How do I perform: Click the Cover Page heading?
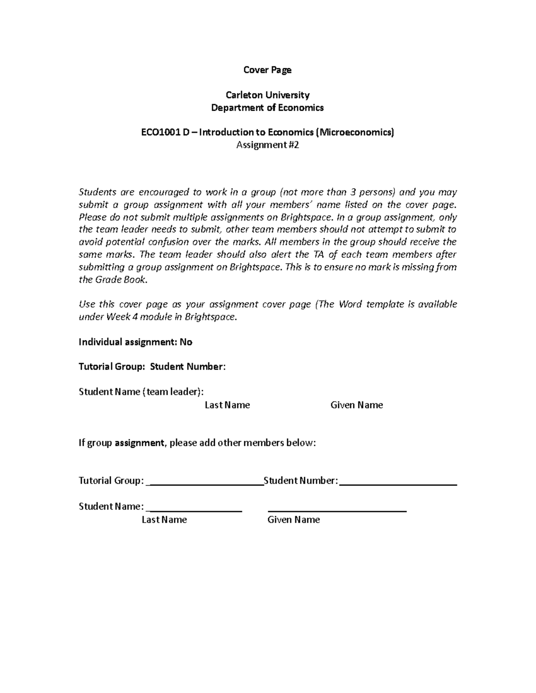(x=267, y=70)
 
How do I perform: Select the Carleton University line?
(x=267, y=95)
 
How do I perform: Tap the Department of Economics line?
(x=267, y=108)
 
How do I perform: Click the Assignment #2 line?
(x=267, y=145)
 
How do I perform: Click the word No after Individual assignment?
(x=186, y=342)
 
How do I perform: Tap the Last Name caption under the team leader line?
(x=227, y=405)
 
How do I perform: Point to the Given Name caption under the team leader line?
(x=356, y=405)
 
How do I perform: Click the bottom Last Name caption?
(x=164, y=520)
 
